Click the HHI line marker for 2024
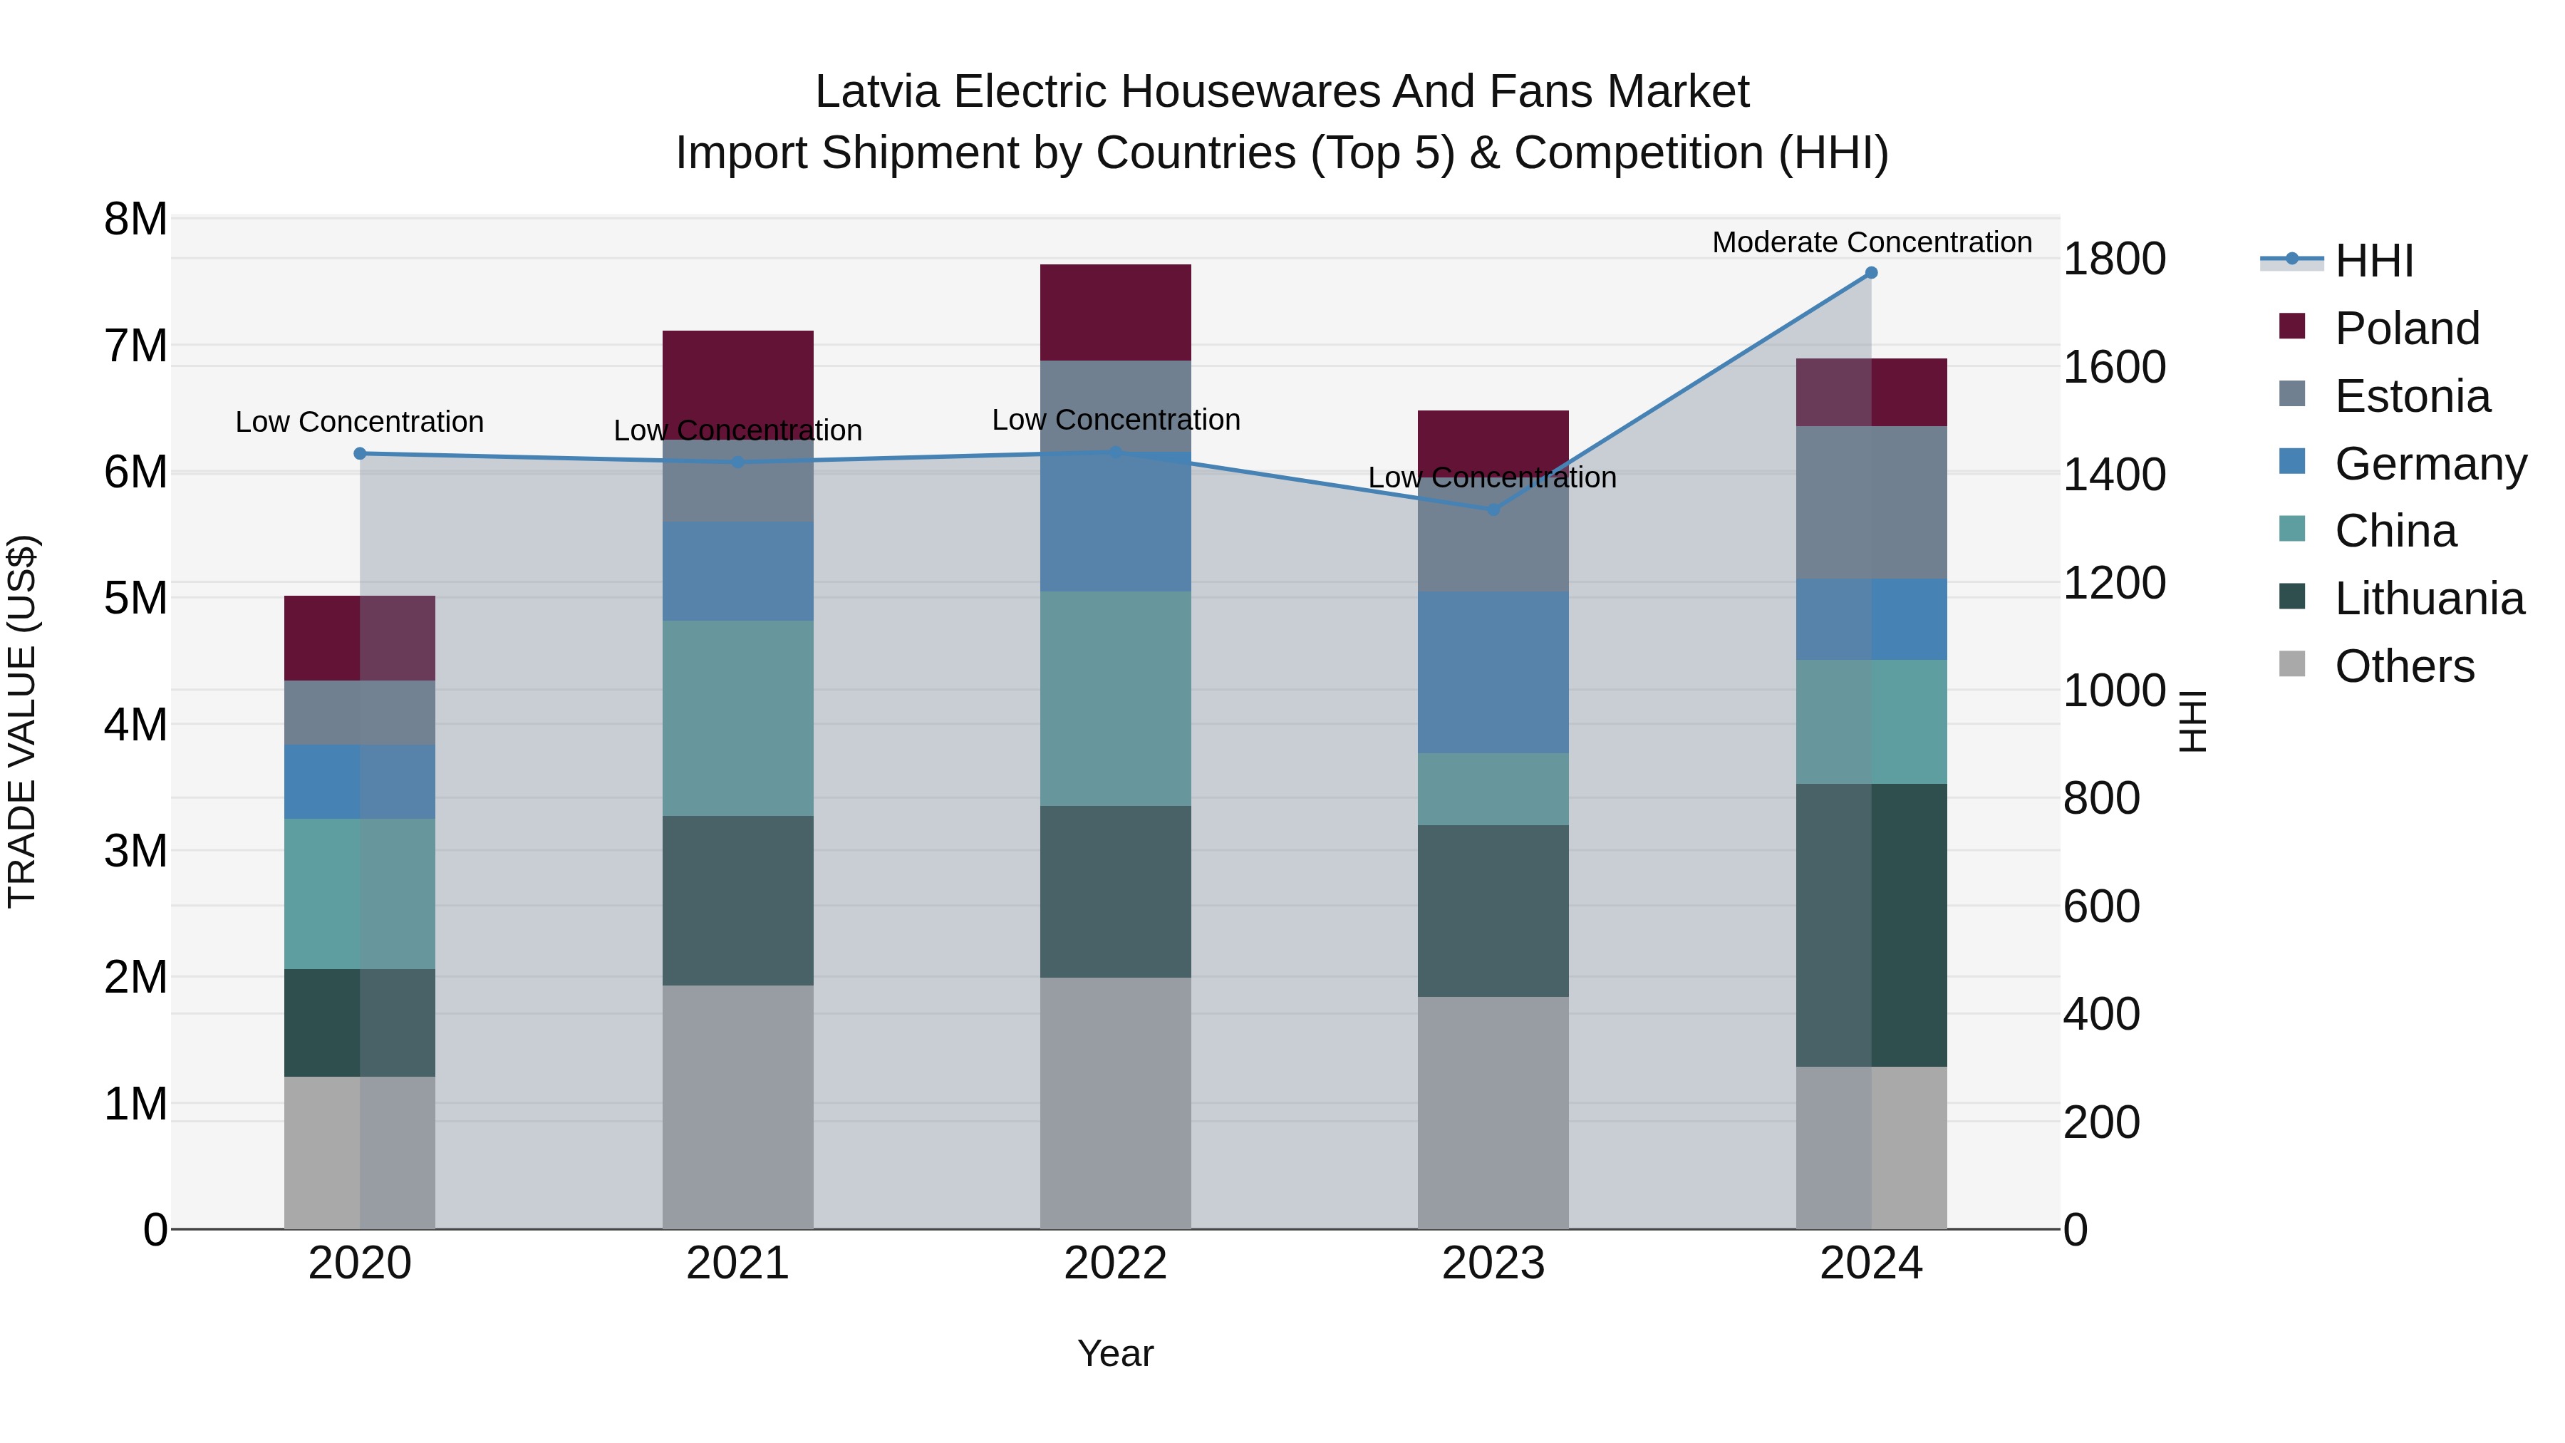(x=1871, y=273)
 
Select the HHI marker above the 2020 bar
(x=361, y=454)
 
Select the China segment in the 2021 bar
(x=738, y=718)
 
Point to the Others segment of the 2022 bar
(x=1115, y=1102)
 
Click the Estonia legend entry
(x=2412, y=396)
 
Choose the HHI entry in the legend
(x=2374, y=261)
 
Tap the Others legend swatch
(x=2292, y=664)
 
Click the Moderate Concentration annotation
(x=1871, y=242)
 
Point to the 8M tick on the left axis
(x=135, y=219)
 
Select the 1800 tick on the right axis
(x=2113, y=259)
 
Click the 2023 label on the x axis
(x=1493, y=1263)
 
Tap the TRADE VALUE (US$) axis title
(x=23, y=721)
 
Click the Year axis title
(x=1115, y=1353)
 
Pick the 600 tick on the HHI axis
(x=2101, y=907)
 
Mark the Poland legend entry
(x=2407, y=329)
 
